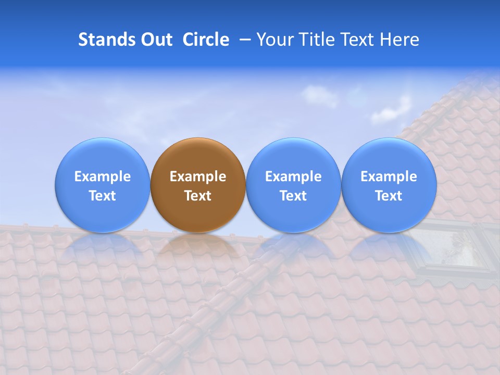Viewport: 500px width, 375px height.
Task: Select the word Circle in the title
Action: (206, 40)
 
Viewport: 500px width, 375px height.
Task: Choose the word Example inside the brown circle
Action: (198, 177)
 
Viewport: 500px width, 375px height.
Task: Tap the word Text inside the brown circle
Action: (198, 196)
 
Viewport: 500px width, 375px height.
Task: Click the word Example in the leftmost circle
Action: (102, 177)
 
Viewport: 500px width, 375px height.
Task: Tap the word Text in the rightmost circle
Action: (389, 196)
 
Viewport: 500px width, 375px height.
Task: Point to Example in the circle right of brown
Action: (293, 177)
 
